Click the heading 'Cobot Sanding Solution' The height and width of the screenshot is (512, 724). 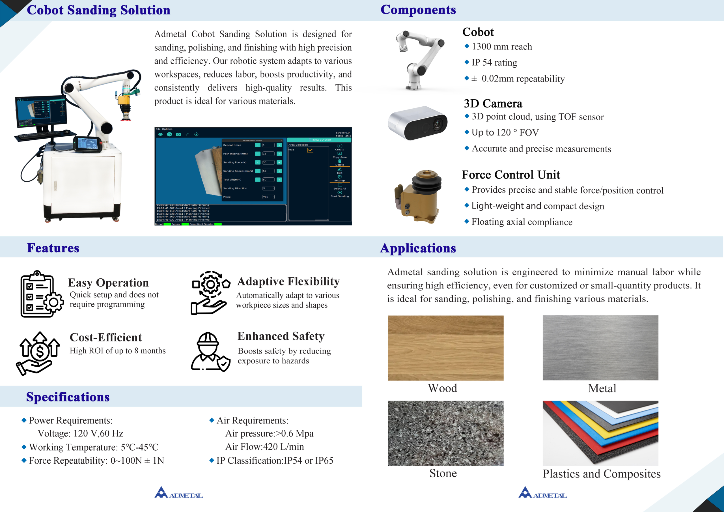[98, 10]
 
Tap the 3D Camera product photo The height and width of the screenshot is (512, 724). [417, 123]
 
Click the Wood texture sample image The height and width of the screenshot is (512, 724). [445, 348]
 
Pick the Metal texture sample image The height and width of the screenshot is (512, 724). [600, 348]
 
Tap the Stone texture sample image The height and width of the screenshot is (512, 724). [445, 433]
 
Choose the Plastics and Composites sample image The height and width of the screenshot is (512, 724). [600, 433]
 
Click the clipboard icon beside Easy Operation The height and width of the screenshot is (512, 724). [41, 294]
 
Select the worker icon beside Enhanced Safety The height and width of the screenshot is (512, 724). [210, 351]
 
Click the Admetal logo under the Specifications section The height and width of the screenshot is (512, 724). [178, 493]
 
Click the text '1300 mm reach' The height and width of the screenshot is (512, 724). [502, 47]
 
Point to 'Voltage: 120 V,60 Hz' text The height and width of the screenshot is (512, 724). [80, 433]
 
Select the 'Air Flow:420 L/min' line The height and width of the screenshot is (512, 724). [264, 447]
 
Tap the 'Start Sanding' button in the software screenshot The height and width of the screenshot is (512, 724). [340, 194]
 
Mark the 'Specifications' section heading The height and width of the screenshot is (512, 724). [68, 397]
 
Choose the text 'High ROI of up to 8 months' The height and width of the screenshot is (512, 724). [117, 350]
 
